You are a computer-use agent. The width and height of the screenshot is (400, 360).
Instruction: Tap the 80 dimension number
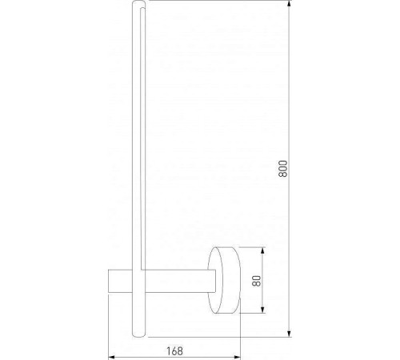point(256,281)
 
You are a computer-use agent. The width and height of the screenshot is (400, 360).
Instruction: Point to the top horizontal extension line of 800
point(216,3)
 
